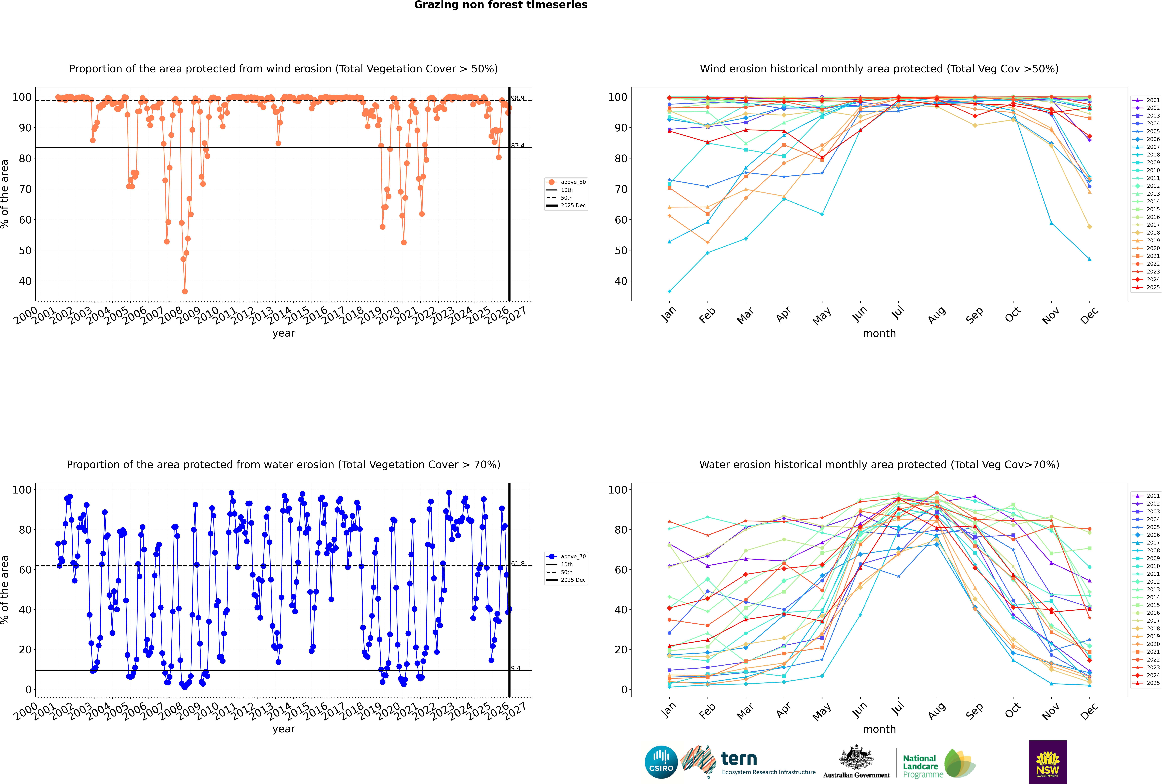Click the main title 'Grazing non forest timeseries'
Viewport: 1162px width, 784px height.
click(x=501, y=5)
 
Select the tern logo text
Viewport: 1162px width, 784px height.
click(x=739, y=759)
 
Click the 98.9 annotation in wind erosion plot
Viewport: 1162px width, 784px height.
click(x=518, y=99)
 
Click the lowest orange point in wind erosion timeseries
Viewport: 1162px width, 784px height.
click(x=185, y=291)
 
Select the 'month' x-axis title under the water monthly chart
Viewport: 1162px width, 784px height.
click(x=879, y=730)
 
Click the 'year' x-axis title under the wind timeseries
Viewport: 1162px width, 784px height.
click(x=284, y=334)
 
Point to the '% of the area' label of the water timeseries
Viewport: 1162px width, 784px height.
click(x=5, y=590)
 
